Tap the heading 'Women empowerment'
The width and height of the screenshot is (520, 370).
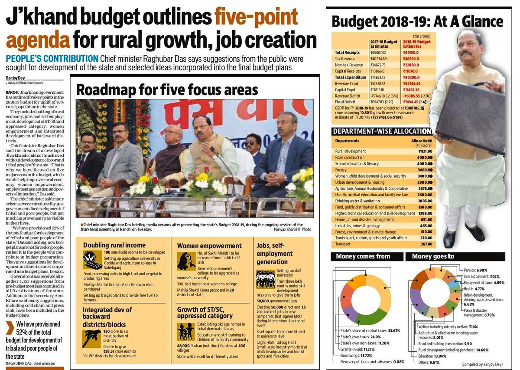point(209,246)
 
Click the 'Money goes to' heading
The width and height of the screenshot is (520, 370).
point(433,257)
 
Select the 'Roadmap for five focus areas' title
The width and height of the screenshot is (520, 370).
point(167,90)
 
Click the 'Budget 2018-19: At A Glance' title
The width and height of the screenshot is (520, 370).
point(417,22)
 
